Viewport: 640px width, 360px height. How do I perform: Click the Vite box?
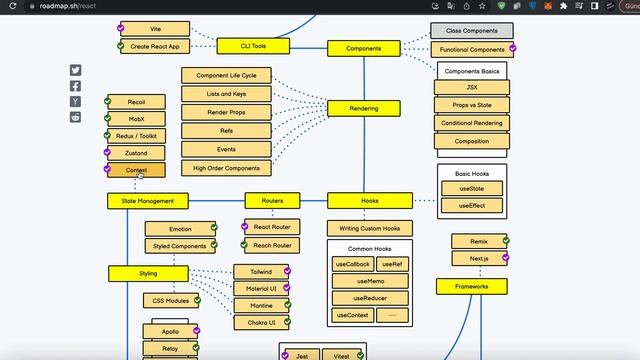(155, 30)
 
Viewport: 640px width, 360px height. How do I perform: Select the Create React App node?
(155, 46)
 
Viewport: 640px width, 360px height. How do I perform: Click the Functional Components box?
(473, 49)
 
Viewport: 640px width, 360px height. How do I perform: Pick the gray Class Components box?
(472, 31)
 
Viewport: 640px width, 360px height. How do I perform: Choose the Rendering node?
(363, 108)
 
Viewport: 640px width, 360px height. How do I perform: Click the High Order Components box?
(226, 168)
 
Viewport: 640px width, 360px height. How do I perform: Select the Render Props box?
(226, 112)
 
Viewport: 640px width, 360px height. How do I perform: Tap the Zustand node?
(136, 153)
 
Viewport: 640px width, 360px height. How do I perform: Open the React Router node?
(272, 227)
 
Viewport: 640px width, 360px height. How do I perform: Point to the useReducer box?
(369, 298)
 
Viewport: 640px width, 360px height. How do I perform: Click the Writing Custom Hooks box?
(370, 228)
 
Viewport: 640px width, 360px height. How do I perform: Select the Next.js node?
(478, 258)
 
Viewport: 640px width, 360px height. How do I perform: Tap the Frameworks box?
(471, 287)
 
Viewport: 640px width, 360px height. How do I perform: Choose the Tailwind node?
(260, 271)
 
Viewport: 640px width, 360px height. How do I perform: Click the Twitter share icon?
(76, 70)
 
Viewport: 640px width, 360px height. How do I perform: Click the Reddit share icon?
(76, 117)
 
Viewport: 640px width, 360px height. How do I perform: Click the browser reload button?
(13, 6)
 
